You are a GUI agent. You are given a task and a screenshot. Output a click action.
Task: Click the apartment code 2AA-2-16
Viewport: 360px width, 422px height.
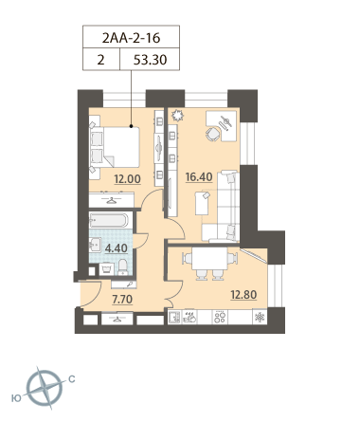131,38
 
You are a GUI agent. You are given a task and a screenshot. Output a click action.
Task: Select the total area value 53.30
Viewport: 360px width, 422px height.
150,60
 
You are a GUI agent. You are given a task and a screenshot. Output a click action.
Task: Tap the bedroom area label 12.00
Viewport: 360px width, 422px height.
127,179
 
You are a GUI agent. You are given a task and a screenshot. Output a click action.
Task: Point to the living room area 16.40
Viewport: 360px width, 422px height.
199,177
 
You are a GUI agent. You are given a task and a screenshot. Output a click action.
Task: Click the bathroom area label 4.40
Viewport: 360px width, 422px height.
117,248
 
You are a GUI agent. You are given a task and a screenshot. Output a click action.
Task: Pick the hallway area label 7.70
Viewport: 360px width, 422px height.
122,299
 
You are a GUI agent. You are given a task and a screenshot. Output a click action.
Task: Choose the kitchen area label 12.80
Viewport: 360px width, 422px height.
243,295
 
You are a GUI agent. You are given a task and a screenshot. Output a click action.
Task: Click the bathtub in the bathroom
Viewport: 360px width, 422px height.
109,220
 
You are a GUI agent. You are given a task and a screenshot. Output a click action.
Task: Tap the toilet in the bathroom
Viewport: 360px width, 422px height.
122,267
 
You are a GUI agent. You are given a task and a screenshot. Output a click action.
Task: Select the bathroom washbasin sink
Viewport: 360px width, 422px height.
95,245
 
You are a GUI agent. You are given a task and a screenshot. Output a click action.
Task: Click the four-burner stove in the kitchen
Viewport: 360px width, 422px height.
220,317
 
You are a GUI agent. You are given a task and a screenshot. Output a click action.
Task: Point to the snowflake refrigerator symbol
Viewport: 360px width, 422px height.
260,317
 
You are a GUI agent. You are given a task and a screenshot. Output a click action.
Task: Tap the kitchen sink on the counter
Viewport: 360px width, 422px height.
174,317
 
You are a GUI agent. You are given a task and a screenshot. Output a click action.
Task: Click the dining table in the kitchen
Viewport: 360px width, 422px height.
209,258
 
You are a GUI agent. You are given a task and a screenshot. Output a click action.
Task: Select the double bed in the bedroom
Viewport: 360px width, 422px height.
116,147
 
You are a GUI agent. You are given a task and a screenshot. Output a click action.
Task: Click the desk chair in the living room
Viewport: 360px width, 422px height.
213,134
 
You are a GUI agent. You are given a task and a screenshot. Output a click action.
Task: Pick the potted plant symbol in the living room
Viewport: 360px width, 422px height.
177,116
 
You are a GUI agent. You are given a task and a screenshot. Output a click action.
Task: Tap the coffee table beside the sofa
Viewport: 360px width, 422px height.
202,204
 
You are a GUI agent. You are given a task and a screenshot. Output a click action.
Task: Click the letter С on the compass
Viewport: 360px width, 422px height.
72,378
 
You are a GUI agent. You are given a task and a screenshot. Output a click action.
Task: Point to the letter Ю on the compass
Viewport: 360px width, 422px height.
16,398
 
